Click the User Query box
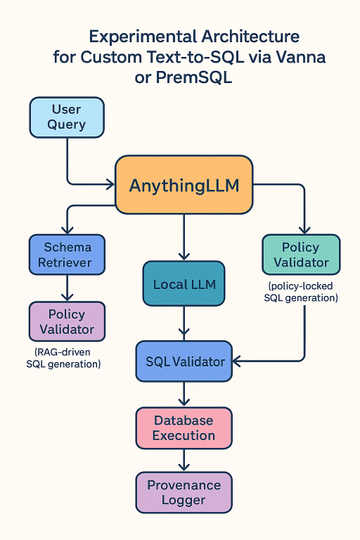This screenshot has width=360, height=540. coord(67,117)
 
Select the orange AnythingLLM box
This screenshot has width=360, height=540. coord(184,185)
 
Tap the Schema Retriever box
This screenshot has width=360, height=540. coord(67,255)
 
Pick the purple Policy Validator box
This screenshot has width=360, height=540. coord(67,321)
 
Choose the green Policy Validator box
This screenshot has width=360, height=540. coord(300,255)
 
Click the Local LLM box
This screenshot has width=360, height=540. coord(184,285)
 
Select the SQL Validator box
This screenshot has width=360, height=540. coord(184,361)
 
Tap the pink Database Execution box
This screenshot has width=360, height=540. coord(184,427)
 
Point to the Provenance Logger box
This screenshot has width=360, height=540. coord(184,492)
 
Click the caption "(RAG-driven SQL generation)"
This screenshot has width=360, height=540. coord(63,357)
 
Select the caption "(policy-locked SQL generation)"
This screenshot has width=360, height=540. coord(301,292)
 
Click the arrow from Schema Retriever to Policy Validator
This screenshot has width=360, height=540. coord(67,288)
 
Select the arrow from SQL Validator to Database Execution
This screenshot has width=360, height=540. coord(184,394)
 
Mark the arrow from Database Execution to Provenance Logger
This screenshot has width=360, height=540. coord(184,460)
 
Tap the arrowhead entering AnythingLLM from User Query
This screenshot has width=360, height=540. coord(110,185)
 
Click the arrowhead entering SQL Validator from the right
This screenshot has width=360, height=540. coord(237,361)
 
